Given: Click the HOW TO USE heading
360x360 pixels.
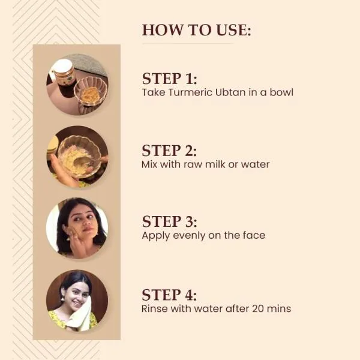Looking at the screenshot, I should click(196, 30).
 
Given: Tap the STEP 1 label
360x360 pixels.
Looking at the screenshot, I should click(169, 79).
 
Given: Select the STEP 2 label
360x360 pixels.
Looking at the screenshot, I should click(169, 150).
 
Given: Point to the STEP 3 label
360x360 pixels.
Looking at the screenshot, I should click(169, 222).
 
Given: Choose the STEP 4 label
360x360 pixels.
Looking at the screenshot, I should click(169, 295).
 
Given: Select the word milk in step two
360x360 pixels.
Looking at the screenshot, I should click(212, 164).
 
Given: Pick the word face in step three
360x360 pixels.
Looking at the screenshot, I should click(253, 236).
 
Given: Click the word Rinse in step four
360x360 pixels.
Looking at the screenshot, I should click(155, 309).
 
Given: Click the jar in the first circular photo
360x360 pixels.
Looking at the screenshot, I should click(63, 73).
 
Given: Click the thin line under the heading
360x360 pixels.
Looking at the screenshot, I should click(187, 44).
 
